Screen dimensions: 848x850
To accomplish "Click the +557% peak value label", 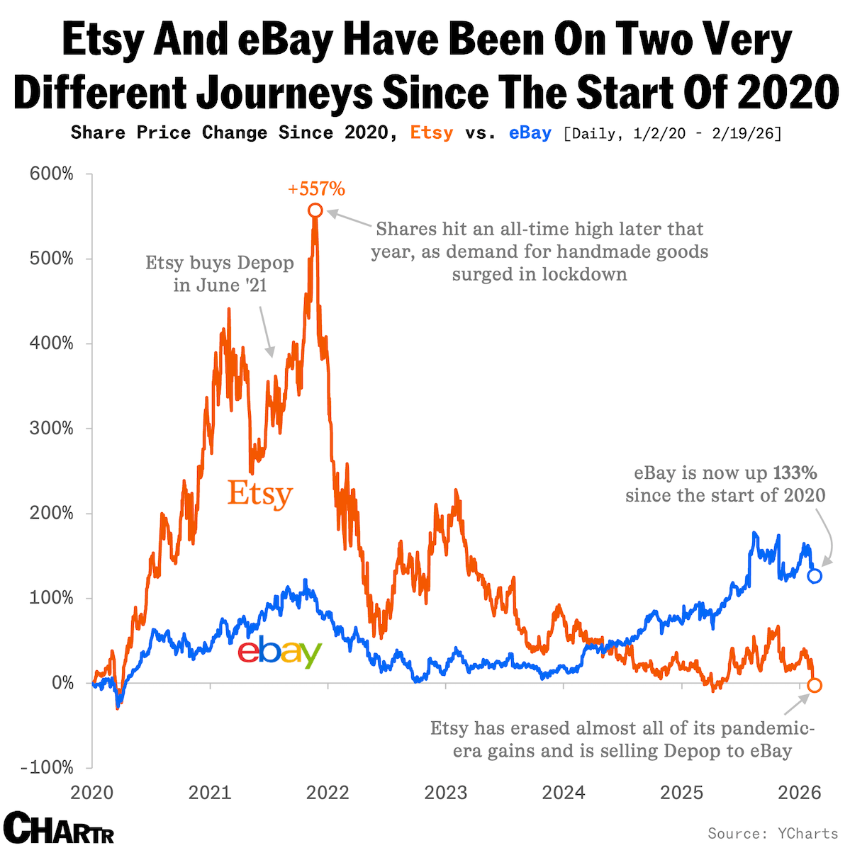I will (316, 189).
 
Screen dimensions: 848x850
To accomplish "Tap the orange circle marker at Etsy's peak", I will (315, 210).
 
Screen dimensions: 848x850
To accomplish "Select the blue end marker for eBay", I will (815, 576).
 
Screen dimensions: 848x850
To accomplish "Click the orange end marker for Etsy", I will (815, 685).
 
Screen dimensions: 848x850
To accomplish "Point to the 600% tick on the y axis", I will (51, 174).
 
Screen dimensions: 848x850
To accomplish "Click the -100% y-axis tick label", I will (47, 768).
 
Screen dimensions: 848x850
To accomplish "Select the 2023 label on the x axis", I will (446, 792).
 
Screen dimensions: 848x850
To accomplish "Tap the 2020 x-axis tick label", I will (92, 792).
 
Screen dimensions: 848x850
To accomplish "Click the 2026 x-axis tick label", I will (800, 792).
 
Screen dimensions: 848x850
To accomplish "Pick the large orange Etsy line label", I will (259, 494).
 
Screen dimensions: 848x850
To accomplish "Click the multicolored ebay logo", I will (280, 652).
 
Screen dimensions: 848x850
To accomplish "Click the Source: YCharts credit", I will (773, 833).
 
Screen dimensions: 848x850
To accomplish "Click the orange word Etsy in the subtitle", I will (432, 133).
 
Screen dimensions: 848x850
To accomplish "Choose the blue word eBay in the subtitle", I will (530, 133).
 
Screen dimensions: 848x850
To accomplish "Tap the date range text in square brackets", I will (672, 133).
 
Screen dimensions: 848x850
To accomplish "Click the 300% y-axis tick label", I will (51, 429).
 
